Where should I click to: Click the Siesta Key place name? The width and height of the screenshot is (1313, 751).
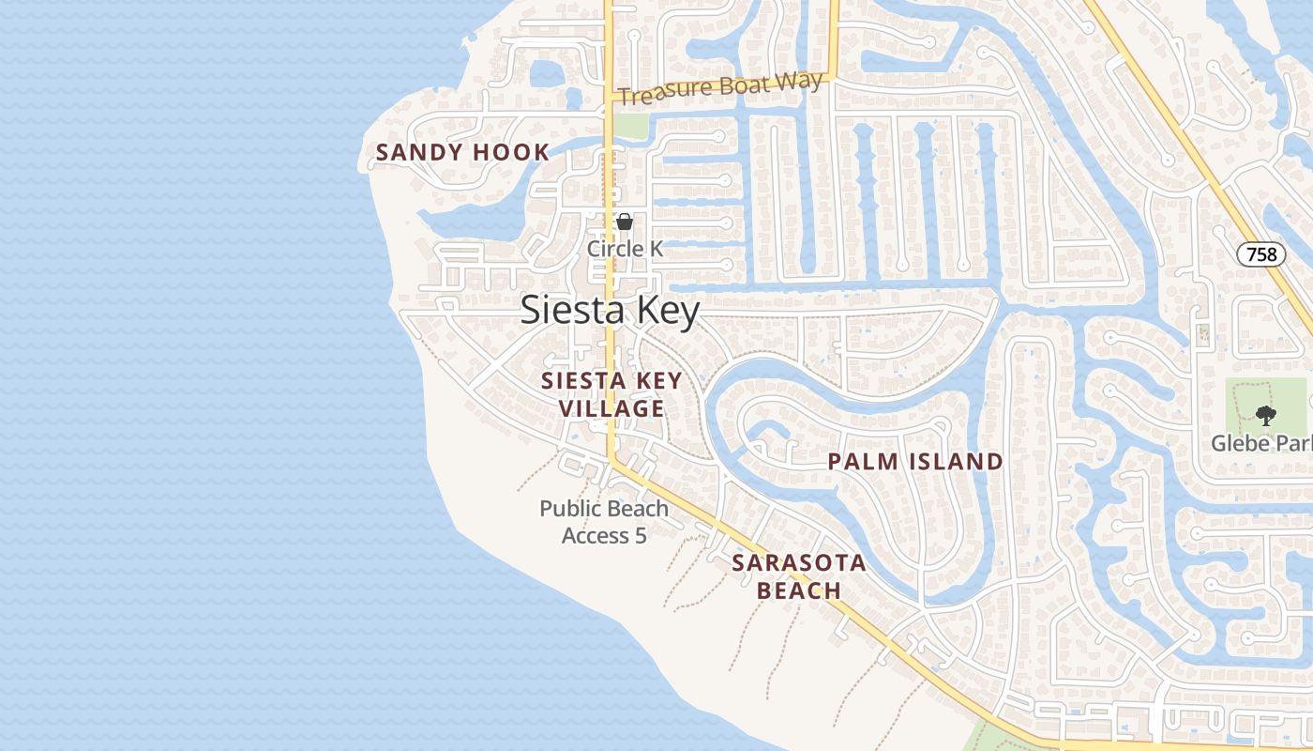(x=610, y=311)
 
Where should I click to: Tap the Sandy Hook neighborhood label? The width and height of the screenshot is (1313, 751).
(x=462, y=152)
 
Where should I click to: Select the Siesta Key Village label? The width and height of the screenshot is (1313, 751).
(x=611, y=394)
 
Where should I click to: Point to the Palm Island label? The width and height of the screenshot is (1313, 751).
(x=915, y=462)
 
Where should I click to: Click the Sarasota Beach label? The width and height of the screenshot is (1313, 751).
(x=798, y=576)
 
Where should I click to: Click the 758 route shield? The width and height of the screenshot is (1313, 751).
(x=1260, y=254)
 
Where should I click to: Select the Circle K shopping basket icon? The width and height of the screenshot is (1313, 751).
(x=625, y=222)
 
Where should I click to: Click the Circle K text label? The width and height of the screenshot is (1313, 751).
(x=625, y=249)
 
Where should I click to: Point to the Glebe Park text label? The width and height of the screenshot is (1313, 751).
(x=1260, y=443)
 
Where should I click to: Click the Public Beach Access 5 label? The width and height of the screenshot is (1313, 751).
(x=604, y=522)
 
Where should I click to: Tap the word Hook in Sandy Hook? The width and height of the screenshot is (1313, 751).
(x=511, y=152)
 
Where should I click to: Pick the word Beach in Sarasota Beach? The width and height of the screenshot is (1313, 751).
(x=798, y=590)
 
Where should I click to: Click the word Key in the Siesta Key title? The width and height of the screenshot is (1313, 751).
(x=669, y=311)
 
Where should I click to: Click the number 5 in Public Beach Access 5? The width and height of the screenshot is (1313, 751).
(x=641, y=536)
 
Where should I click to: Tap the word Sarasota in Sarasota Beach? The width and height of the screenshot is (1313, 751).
(x=798, y=563)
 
